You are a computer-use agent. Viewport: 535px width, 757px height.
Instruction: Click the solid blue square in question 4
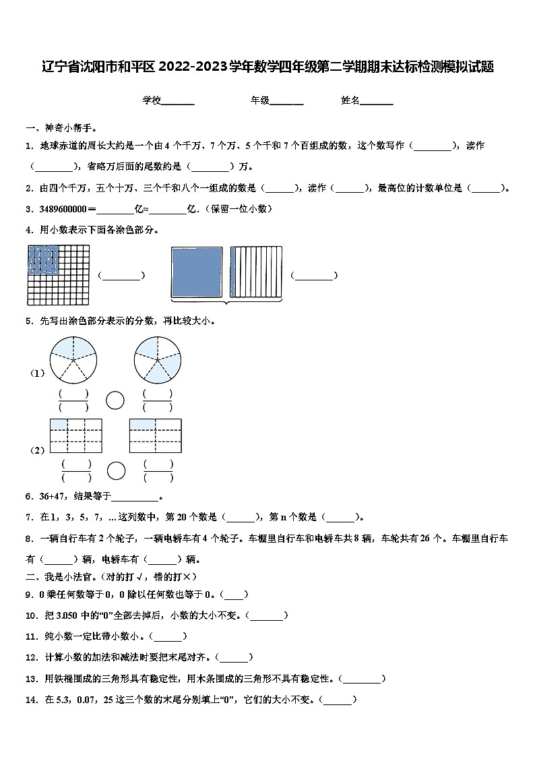tap(197, 272)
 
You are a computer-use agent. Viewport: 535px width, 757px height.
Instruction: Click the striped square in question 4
tap(255, 272)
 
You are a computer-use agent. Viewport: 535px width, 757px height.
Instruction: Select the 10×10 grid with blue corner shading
tap(58, 275)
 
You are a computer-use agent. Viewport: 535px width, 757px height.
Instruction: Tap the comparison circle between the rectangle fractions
tap(116, 471)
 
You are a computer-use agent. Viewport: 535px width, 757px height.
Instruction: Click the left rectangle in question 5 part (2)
tap(75, 435)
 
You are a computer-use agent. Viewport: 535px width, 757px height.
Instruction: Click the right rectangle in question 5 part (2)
tap(156, 435)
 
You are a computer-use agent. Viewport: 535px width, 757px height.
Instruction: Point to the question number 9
tap(29, 595)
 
